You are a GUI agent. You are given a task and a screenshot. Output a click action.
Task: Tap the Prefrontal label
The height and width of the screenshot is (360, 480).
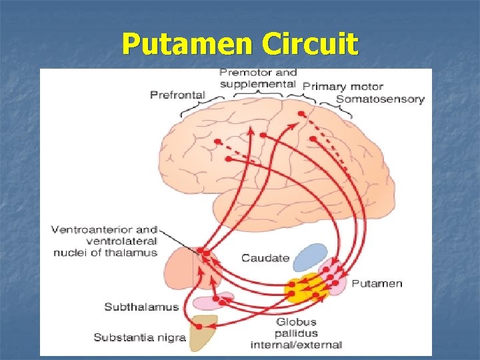(x=177, y=95)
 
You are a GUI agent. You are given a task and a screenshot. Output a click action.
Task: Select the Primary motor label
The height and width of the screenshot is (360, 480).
(x=343, y=86)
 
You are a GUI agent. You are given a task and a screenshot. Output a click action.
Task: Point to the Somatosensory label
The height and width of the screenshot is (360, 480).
(x=380, y=99)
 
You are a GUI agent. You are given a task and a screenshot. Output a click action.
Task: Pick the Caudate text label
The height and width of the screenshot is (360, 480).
(x=265, y=258)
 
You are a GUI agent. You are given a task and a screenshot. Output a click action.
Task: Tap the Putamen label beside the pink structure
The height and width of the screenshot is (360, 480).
(x=377, y=283)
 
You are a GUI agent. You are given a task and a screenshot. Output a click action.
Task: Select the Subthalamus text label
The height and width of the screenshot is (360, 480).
(x=141, y=307)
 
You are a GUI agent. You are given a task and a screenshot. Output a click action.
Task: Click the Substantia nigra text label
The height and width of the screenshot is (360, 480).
(x=139, y=337)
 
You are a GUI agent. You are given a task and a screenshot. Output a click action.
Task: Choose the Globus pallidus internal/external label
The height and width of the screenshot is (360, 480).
(x=296, y=333)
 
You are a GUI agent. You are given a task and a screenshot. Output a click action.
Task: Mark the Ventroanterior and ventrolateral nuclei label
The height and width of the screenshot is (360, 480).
(x=105, y=241)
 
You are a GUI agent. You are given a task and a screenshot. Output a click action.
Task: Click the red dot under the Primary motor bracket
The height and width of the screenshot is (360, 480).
(x=301, y=114)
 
